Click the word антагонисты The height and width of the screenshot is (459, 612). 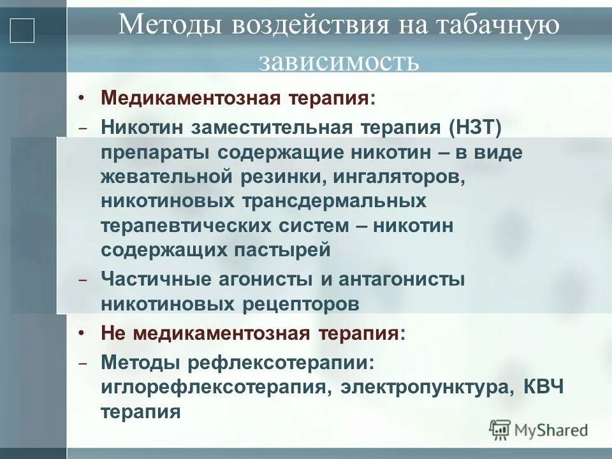coord(402,279)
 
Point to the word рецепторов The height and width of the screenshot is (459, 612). coord(301,303)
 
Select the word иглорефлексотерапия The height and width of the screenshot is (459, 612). coord(214,388)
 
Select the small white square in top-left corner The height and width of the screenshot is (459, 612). coord(22,31)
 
